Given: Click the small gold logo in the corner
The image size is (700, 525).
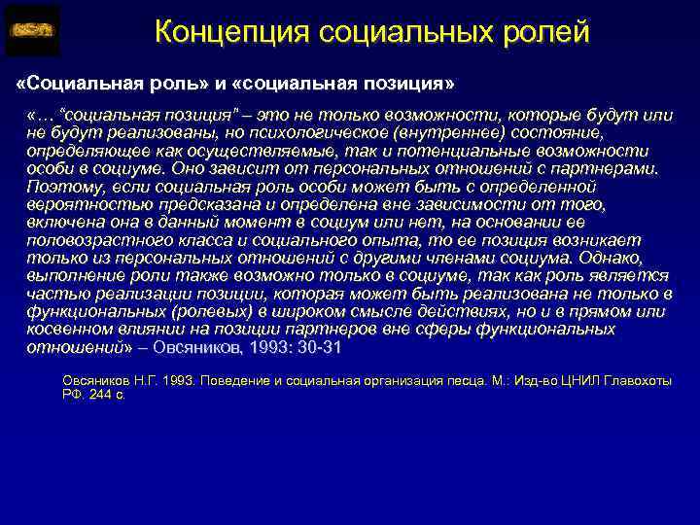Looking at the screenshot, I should (32, 31).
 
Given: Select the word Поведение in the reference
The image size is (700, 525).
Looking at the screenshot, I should (231, 382).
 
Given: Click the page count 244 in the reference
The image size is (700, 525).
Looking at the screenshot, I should (100, 396).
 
